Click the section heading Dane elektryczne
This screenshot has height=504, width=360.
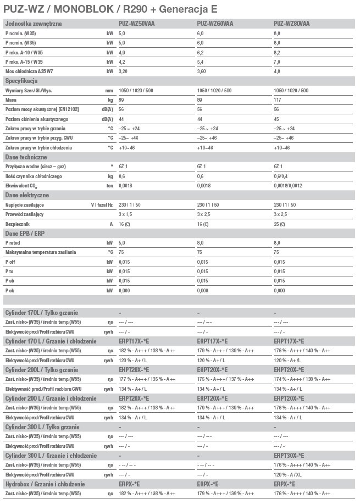27,195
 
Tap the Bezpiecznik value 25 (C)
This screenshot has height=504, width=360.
280,224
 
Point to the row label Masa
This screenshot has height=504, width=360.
11,100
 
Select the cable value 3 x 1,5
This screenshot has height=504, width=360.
125,214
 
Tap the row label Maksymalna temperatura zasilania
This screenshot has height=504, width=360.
41,252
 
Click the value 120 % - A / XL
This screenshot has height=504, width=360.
288,474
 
